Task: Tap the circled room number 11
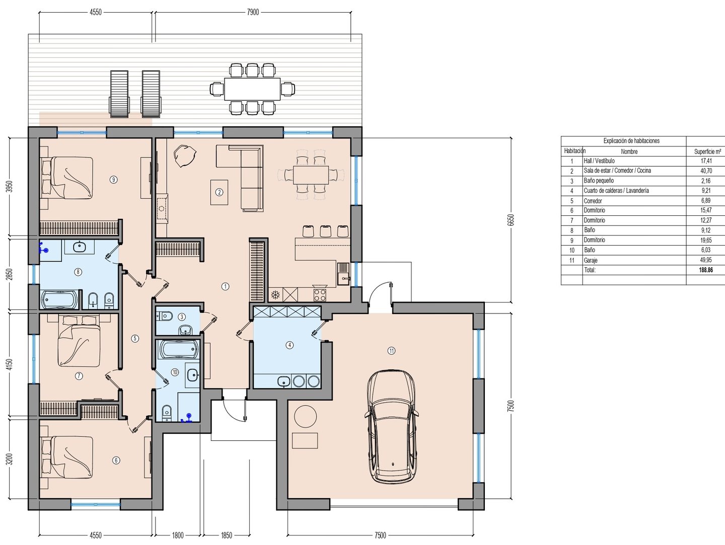click(391, 351)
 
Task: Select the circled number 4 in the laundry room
click(289, 345)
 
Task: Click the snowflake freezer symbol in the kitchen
click(275, 295)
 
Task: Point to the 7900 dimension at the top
click(253, 12)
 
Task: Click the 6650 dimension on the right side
click(511, 220)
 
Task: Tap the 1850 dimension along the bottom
click(227, 535)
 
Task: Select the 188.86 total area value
click(706, 270)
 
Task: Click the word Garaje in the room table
click(591, 260)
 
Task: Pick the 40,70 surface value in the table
click(706, 171)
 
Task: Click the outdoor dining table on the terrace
click(252, 89)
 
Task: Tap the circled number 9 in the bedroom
click(114, 180)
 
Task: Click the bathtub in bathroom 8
click(60, 299)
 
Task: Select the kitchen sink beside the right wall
click(343, 273)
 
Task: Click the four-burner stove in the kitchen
click(320, 295)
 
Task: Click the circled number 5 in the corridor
click(135, 338)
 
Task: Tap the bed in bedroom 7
click(79, 341)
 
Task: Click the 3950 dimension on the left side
click(10, 187)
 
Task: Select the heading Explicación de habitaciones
click(631, 140)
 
